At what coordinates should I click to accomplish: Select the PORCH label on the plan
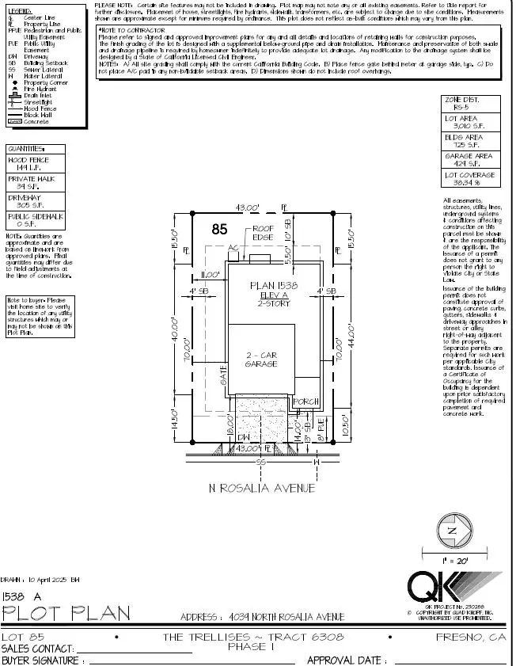tap(306, 402)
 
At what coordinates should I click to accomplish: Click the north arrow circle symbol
tap(452, 530)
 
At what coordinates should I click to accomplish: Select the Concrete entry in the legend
tap(33, 121)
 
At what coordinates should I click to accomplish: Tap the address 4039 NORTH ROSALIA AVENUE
tap(286, 617)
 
